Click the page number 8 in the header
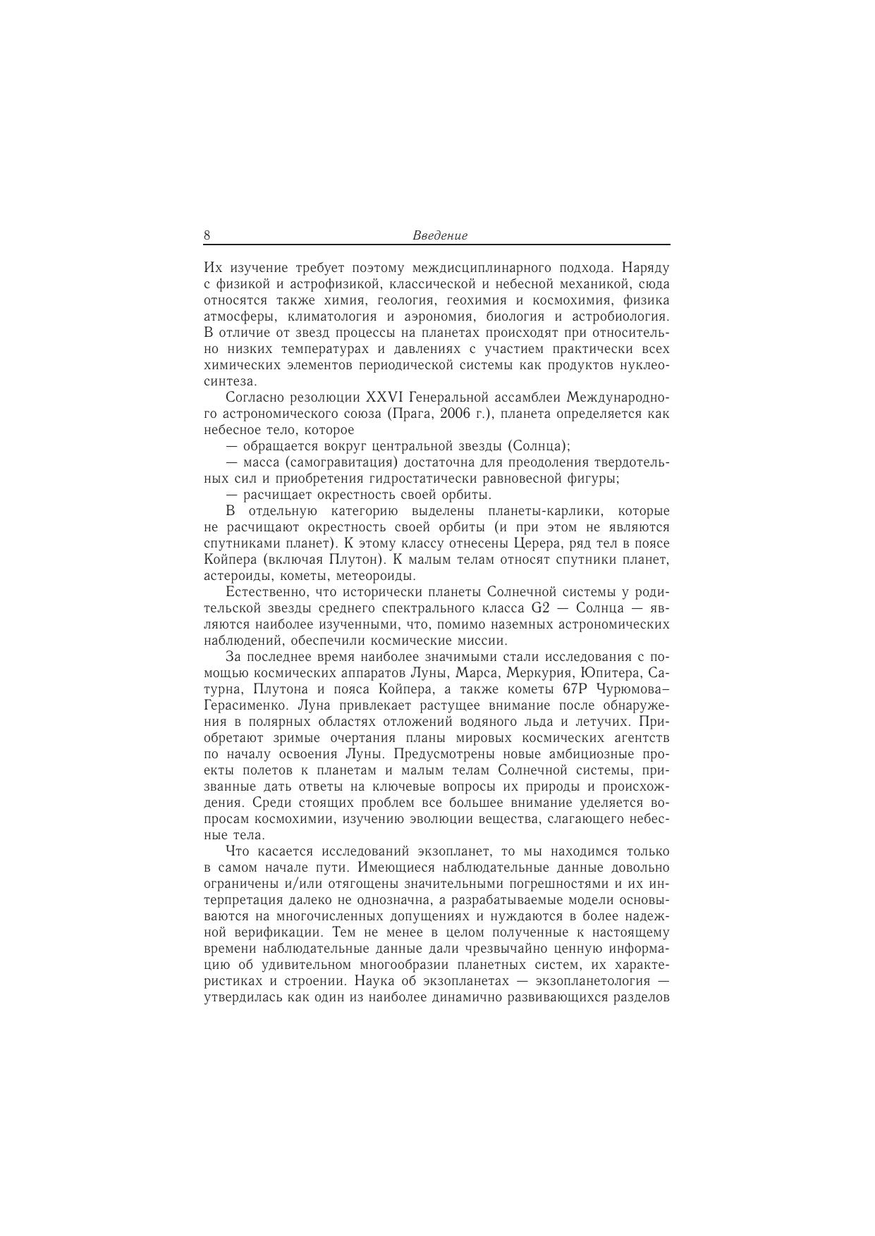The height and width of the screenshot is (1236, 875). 207,235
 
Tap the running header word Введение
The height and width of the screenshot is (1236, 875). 440,236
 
